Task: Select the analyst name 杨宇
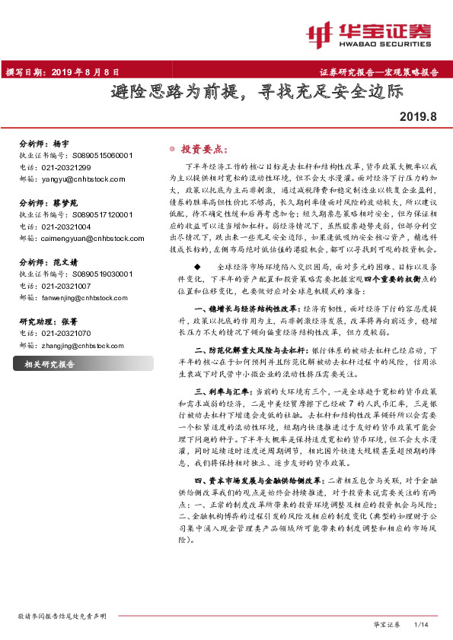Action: [61, 143]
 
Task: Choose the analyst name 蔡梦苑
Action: [66, 203]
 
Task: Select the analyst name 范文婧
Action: [66, 262]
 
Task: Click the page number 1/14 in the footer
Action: [421, 624]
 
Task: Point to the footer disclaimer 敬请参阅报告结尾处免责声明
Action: [62, 614]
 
